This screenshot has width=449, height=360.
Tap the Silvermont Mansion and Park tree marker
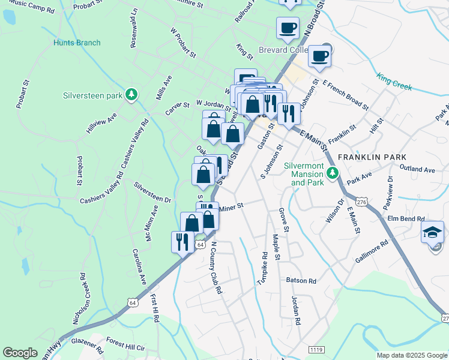click(333, 173)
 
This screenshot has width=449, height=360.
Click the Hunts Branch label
click(77, 43)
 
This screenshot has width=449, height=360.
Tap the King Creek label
click(394, 81)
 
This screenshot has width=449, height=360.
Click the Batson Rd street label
click(301, 280)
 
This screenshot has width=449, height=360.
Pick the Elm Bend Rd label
click(406, 219)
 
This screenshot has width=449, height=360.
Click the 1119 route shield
click(316, 349)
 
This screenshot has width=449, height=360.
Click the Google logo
click(20, 353)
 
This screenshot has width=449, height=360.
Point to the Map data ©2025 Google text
click(412, 355)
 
